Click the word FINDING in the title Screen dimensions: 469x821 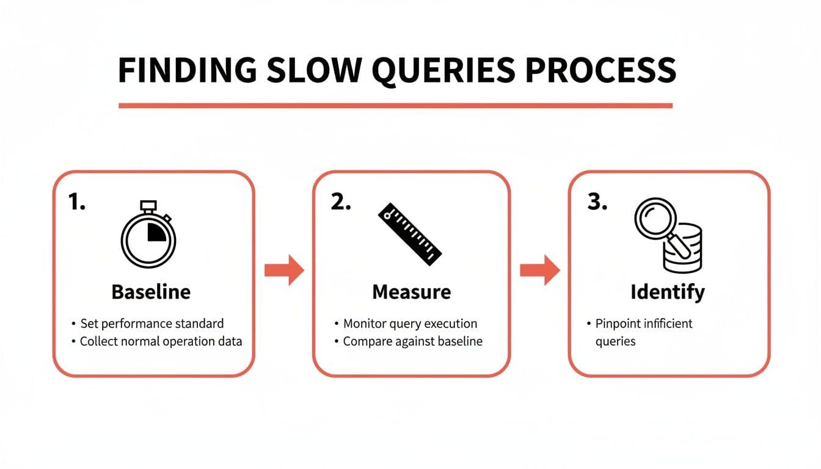coord(187,71)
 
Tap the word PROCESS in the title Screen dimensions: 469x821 coord(600,71)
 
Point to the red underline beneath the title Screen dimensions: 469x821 coord(395,106)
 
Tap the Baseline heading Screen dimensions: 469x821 coord(151,292)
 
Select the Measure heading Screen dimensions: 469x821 coord(411,292)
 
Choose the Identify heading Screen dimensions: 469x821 coord(667,292)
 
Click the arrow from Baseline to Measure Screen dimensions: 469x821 coord(284,270)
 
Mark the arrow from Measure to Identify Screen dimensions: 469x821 coord(539,270)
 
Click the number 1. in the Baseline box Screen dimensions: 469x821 coord(77,203)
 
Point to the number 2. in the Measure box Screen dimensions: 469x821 coord(341,203)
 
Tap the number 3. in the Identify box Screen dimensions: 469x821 coord(597,203)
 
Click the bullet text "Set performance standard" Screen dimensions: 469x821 coord(151,324)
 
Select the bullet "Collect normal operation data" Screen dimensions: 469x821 coord(161,341)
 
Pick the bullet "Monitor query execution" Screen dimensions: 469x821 coord(410,324)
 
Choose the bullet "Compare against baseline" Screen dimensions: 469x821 coord(412,341)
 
